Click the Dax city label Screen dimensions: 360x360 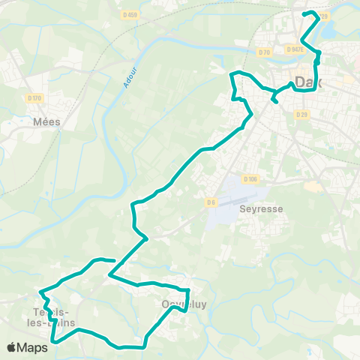309,82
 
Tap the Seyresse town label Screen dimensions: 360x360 261,209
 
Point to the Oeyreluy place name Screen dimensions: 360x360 178,304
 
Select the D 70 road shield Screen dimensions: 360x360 264,52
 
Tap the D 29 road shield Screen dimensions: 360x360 301,114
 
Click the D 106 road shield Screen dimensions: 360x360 250,178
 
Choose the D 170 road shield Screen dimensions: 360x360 34,97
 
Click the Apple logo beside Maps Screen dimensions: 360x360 11,347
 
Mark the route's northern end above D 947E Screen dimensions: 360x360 303,13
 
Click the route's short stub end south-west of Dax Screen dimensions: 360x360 274,101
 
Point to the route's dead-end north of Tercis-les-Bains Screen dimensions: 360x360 113,261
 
